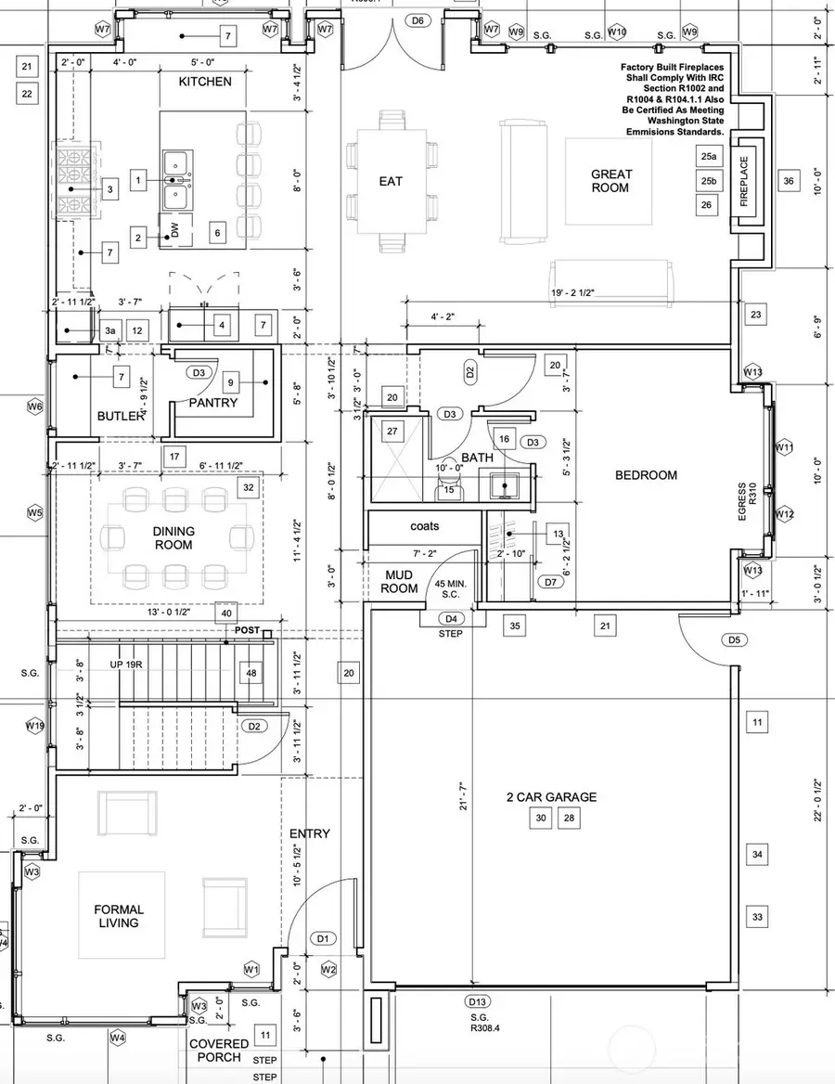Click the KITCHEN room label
pyautogui.click(x=205, y=82)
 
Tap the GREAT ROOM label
pyautogui.click(x=611, y=180)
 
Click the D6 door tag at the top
pyautogui.click(x=417, y=20)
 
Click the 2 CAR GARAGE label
pyautogui.click(x=551, y=796)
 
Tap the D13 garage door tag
pyautogui.click(x=478, y=1001)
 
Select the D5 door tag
pyautogui.click(x=735, y=639)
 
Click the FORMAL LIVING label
pyautogui.click(x=119, y=916)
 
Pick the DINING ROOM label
pyautogui.click(x=173, y=537)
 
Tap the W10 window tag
pyautogui.click(x=617, y=32)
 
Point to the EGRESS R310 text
pyautogui.click(x=741, y=502)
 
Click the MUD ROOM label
pyautogui.click(x=400, y=582)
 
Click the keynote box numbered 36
pyautogui.click(x=789, y=181)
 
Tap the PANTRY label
pyautogui.click(x=213, y=403)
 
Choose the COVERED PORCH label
pyautogui.click(x=219, y=1050)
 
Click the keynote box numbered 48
pyautogui.click(x=251, y=673)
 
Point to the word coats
pyautogui.click(x=424, y=525)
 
